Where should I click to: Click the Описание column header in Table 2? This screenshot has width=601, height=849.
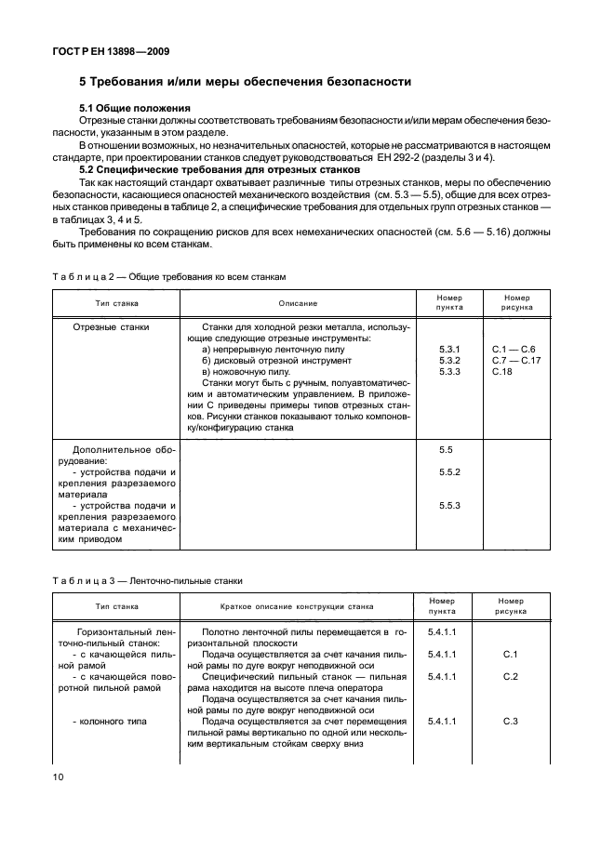(298, 303)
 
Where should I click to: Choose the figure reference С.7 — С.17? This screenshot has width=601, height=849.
(515, 360)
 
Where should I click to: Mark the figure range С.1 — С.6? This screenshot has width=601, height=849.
(514, 349)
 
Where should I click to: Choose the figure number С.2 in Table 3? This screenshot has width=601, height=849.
(510, 676)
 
